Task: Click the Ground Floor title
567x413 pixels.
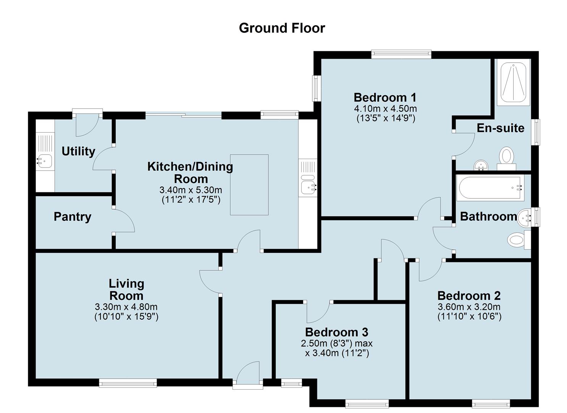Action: click(282, 28)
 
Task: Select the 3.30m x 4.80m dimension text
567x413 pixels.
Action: click(126, 307)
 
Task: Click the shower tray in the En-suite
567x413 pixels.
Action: click(514, 82)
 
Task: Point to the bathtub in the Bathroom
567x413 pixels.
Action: click(490, 188)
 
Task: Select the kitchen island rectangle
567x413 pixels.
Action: click(249, 185)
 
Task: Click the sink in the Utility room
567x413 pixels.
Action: click(44, 160)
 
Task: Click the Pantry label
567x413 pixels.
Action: click(73, 217)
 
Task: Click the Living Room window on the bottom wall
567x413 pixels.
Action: click(128, 382)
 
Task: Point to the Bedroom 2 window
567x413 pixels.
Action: click(491, 403)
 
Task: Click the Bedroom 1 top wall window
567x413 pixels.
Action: click(401, 55)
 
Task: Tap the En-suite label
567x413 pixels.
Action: click(500, 128)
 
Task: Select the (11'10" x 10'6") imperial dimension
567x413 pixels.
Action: click(469, 316)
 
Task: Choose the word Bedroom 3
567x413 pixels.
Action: click(336, 332)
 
